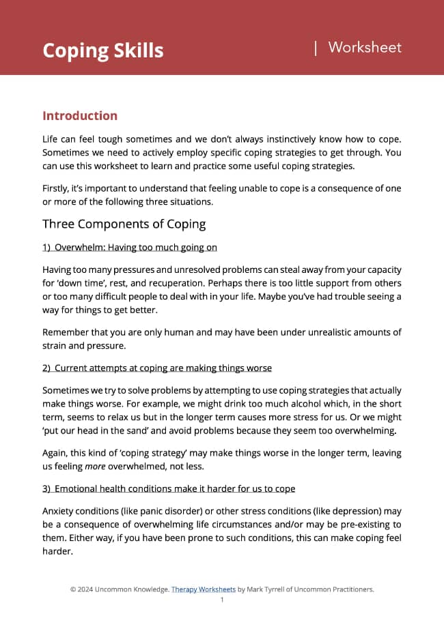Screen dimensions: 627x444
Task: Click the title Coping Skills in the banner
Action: click(102, 50)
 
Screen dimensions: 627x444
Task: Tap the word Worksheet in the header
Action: click(365, 48)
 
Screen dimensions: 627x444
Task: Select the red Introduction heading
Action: click(80, 116)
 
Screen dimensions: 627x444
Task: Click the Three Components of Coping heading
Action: click(124, 224)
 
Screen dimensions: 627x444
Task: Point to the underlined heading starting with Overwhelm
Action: click(130, 247)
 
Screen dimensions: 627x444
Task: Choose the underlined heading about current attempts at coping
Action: click(157, 368)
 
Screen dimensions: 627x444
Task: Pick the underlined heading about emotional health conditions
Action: click(169, 489)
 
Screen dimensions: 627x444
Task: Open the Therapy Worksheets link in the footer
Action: click(203, 589)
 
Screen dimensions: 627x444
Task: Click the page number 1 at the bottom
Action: click(222, 600)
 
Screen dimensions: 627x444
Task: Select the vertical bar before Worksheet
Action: click(316, 48)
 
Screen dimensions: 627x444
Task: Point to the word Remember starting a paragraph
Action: click(67, 332)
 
